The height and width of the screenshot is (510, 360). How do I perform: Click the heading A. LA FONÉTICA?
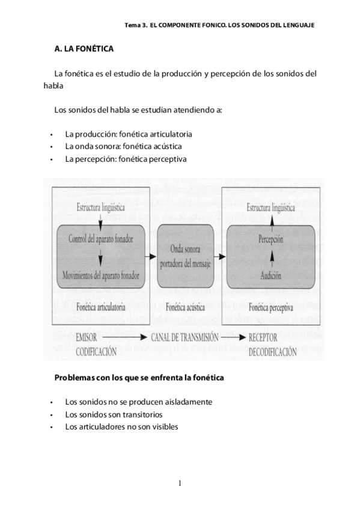[84, 48]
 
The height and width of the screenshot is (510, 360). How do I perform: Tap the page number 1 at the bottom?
[179, 482]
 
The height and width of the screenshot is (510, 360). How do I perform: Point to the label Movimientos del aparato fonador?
[101, 276]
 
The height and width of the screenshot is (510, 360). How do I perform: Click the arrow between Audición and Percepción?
[270, 259]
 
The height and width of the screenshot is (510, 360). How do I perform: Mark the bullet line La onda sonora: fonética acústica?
[123, 146]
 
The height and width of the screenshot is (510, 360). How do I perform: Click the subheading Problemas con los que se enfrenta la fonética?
[139, 378]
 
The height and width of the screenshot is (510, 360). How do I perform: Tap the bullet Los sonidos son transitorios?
[114, 414]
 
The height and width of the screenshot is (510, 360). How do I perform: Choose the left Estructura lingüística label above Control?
[100, 208]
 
